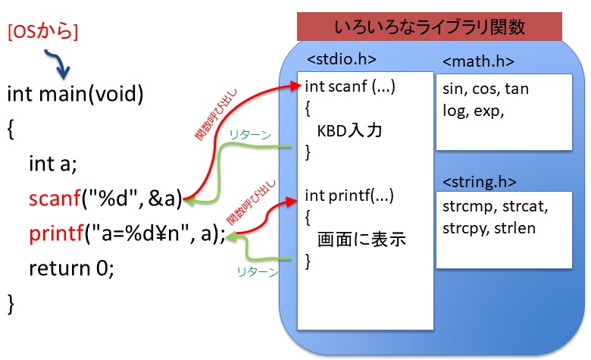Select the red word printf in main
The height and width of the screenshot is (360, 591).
point(55,233)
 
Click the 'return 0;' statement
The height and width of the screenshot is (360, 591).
point(71,268)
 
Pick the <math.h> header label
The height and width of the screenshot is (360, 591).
point(478,61)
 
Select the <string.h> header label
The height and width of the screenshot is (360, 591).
point(480,182)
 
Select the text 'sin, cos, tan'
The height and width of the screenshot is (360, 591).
point(485,89)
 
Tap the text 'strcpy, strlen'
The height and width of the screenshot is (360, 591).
point(488,227)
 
